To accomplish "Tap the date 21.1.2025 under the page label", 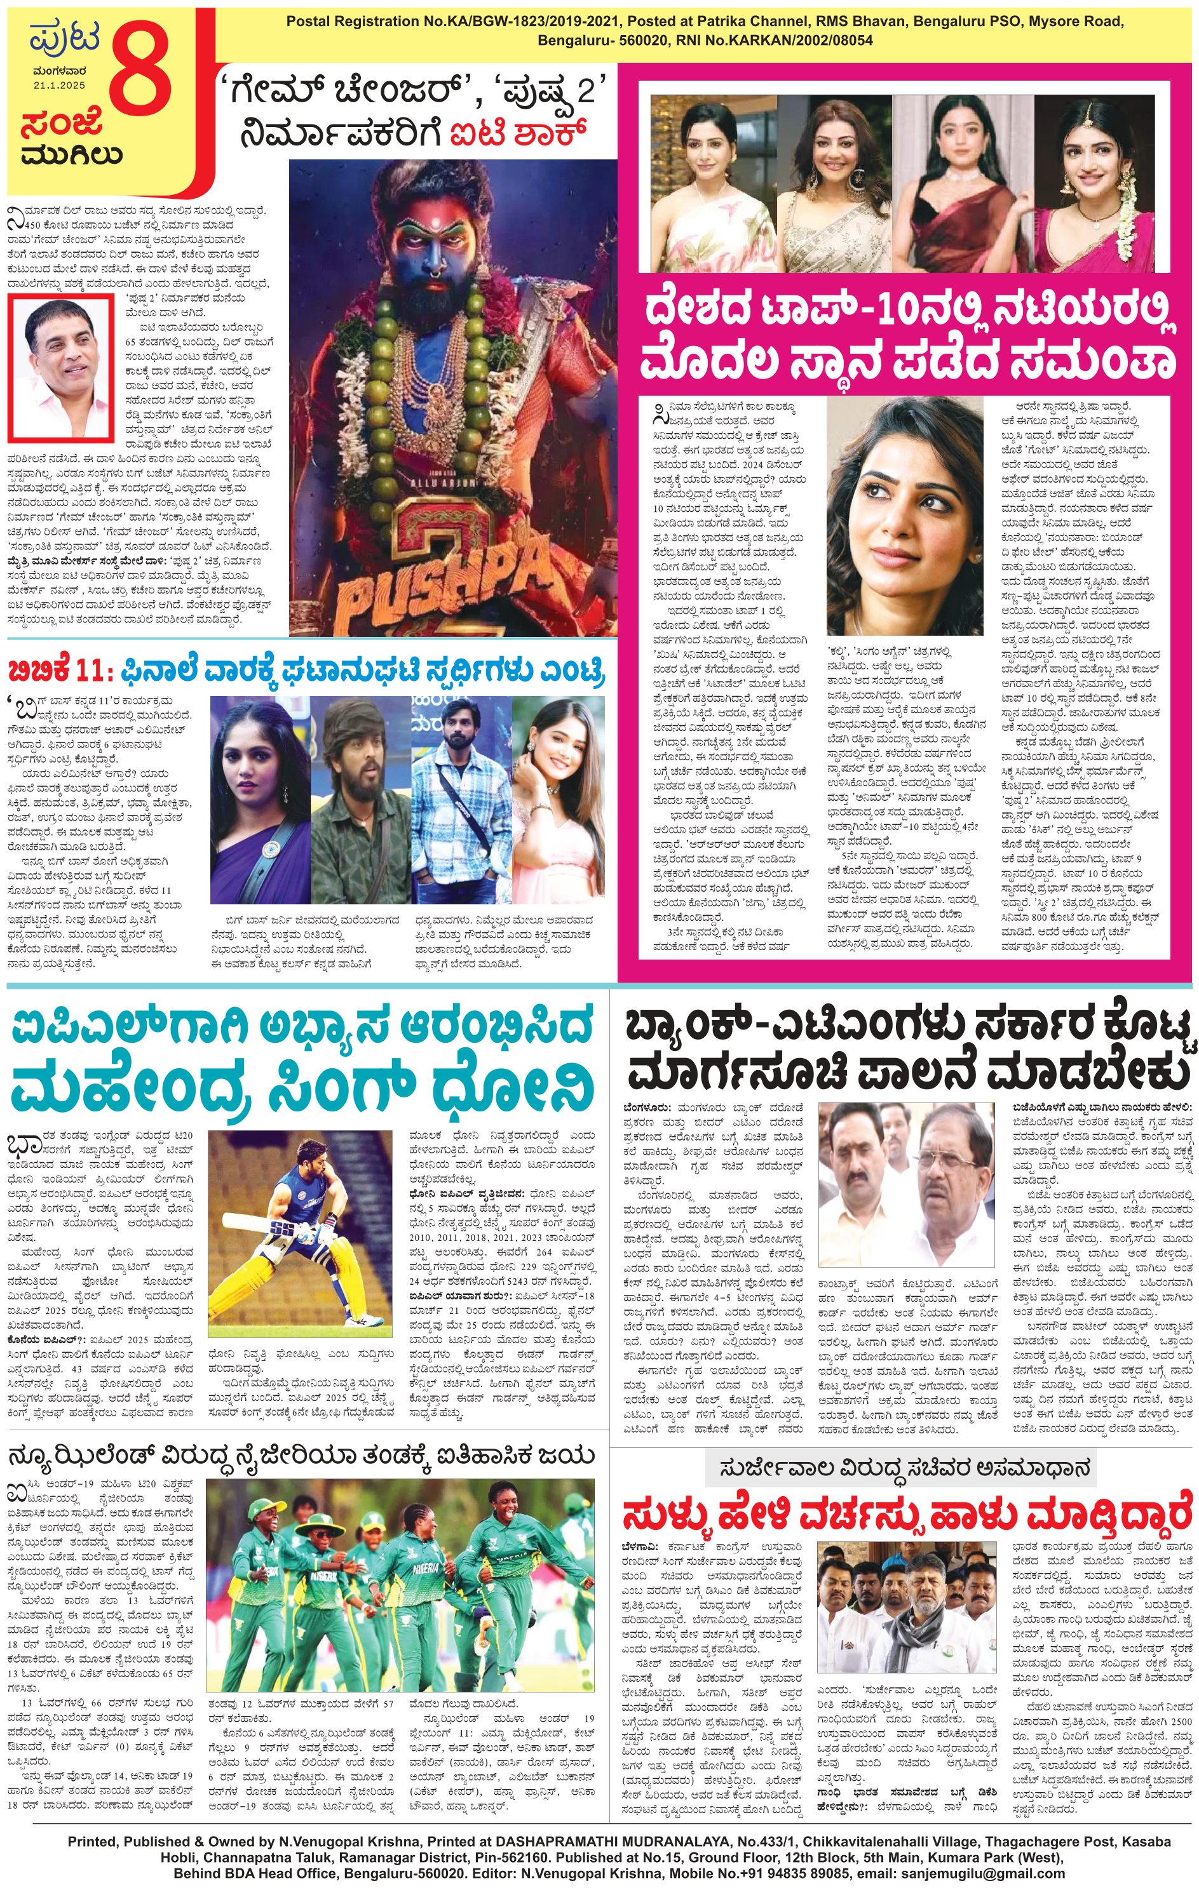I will tap(59, 84).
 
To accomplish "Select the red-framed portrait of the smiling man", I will tap(59, 368).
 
